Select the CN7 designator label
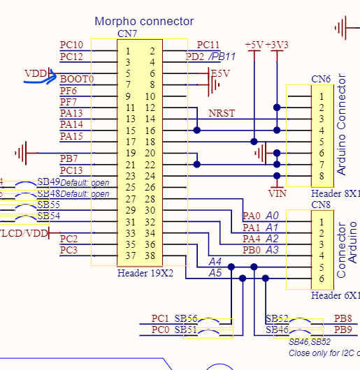coord(128,34)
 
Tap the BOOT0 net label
coord(77,80)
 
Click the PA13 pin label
coord(71,113)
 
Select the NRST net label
coord(222,113)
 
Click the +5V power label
coord(254,45)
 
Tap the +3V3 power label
coord(278,45)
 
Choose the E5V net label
coord(220,73)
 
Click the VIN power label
coord(278,192)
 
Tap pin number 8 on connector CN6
coord(322,176)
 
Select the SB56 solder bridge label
coord(186,318)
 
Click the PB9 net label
coord(343,330)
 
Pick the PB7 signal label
coord(69,158)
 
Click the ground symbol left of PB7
coord(24,152)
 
